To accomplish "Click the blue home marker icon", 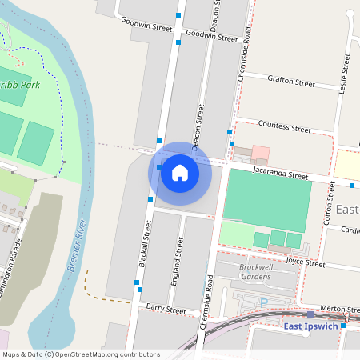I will (180, 172).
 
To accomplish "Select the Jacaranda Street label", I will (280, 174).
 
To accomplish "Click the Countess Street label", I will (285, 127).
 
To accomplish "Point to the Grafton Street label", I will (291, 81).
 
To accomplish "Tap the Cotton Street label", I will (329, 205).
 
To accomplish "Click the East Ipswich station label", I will (311, 326).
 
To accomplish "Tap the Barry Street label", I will (166, 309).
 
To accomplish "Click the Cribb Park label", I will (19, 83).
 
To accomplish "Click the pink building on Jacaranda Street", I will (260, 153).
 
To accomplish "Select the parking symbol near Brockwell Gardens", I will (263, 302).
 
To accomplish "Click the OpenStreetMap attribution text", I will (80, 354).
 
